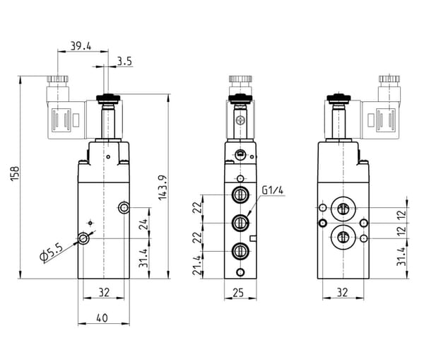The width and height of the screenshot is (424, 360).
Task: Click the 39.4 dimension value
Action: tap(81, 46)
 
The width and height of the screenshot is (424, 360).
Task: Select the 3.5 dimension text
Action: tap(124, 62)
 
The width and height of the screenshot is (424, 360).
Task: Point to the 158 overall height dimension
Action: tap(15, 173)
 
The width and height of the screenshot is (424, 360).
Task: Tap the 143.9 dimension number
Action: tap(163, 187)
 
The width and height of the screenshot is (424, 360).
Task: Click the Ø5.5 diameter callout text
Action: tap(52, 252)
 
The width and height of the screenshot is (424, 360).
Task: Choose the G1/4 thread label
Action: tap(273, 190)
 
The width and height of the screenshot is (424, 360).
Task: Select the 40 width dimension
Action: tap(102, 318)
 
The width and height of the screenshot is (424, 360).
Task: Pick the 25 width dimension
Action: tap(238, 293)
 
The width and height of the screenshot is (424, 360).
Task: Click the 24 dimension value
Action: tap(143, 224)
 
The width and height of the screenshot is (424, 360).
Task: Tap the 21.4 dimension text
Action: tap(198, 265)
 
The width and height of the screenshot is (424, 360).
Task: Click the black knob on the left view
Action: tap(108, 98)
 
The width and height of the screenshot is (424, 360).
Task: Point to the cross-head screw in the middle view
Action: tap(240, 120)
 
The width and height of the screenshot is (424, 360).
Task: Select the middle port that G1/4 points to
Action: tap(240, 223)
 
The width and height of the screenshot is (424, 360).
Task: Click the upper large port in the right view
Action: tap(343, 209)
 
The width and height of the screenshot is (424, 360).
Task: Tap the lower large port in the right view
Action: tap(343, 238)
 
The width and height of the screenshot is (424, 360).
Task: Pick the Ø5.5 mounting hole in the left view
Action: tap(83, 238)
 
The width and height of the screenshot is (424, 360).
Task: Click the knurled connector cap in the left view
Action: tap(58, 79)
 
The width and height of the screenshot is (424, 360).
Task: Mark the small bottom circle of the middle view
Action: tap(240, 272)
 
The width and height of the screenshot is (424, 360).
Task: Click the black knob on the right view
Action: tap(338, 98)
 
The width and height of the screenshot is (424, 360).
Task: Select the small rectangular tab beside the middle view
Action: tap(253, 238)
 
